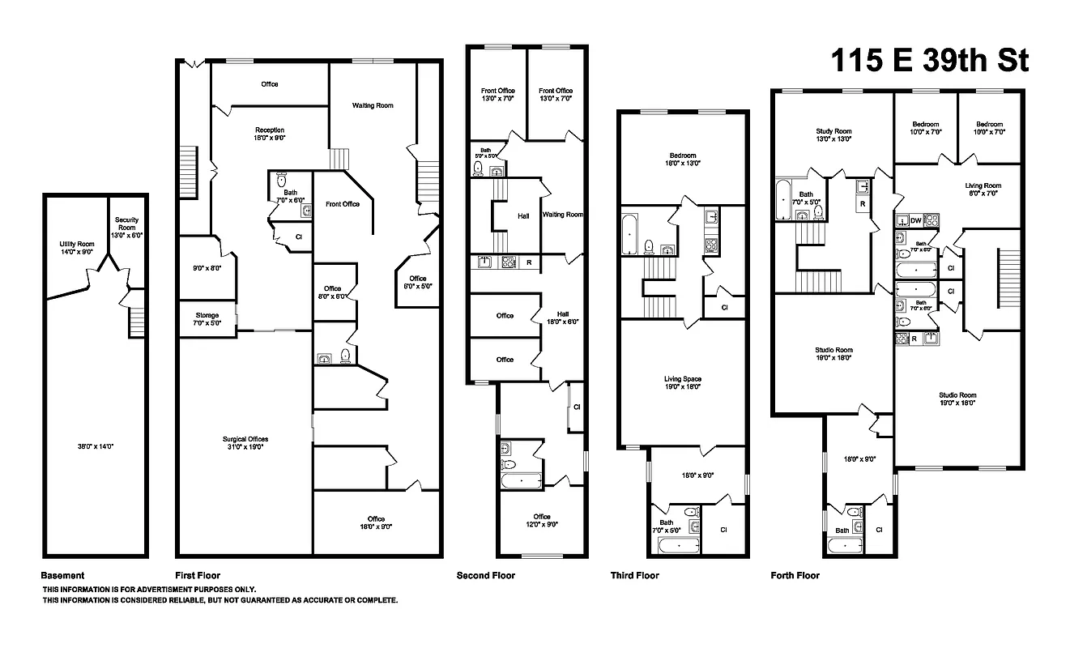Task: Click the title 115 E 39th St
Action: tap(929, 61)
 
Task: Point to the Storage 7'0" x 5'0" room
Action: tap(207, 319)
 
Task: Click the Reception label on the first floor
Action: tap(270, 134)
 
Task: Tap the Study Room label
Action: tap(833, 135)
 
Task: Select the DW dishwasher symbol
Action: tap(915, 220)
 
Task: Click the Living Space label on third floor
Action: tap(683, 383)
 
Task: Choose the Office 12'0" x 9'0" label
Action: tap(542, 520)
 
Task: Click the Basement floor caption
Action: tap(63, 576)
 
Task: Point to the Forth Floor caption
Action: tap(795, 576)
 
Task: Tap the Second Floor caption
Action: tap(486, 576)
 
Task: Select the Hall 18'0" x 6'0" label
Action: tap(563, 318)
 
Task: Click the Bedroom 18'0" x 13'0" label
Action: tap(682, 160)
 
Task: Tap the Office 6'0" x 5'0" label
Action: tap(417, 282)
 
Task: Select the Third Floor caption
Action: tap(634, 576)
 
